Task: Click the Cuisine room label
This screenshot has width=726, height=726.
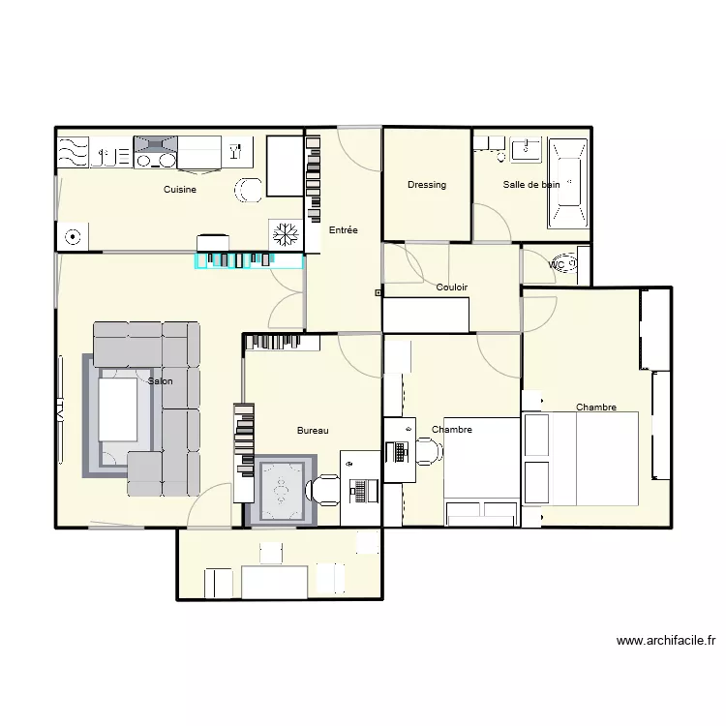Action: tap(180, 190)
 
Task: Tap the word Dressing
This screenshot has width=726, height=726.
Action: tap(427, 185)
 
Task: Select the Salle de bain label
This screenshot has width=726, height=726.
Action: tap(530, 184)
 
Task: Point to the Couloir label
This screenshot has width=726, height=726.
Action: tap(452, 287)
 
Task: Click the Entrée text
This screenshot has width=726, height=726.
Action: tap(343, 230)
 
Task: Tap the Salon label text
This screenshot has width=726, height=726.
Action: tap(161, 381)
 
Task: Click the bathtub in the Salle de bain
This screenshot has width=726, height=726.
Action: tap(567, 183)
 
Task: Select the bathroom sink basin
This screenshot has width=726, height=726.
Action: tap(528, 148)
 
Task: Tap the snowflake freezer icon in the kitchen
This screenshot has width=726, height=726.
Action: tap(285, 234)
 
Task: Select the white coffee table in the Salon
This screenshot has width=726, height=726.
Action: tap(118, 409)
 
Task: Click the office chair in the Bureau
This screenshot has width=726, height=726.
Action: tap(322, 492)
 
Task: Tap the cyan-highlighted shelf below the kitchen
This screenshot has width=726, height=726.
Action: tap(250, 260)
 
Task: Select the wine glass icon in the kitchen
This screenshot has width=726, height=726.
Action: tap(234, 151)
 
